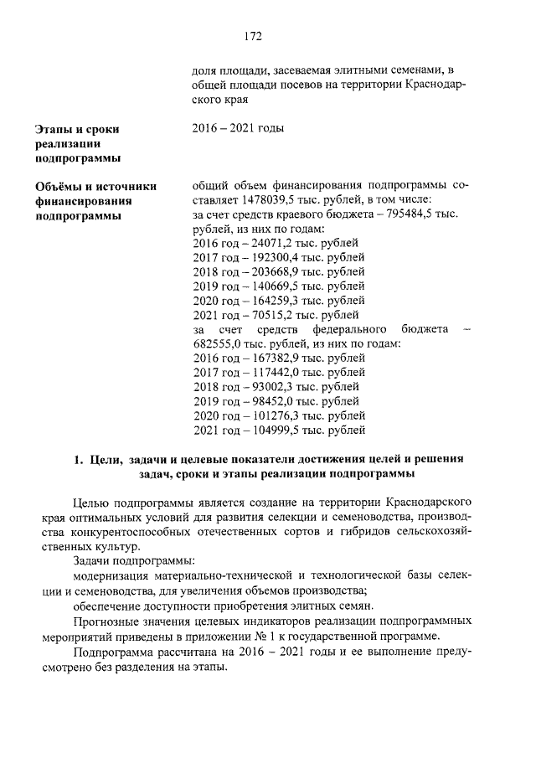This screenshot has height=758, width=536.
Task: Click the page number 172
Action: [x=255, y=36]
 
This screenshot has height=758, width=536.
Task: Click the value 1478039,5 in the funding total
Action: [x=269, y=199]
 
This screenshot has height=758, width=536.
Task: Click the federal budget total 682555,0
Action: [x=219, y=345]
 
